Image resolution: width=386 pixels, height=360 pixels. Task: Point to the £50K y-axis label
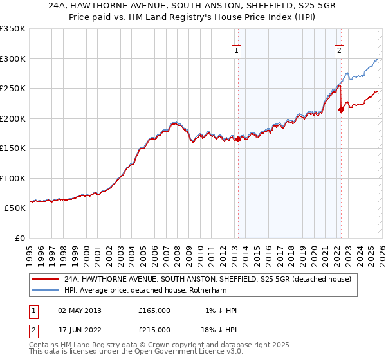click(14, 208)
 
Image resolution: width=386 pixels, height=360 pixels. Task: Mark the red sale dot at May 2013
click(238, 139)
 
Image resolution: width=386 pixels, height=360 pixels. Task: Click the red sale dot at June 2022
click(341, 109)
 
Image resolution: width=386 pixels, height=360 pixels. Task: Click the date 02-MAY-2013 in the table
click(79, 310)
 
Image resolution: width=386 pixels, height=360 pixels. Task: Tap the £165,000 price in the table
click(154, 310)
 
